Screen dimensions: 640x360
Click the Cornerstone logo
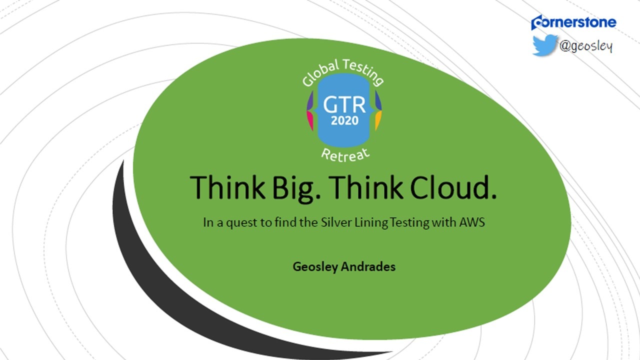[x=573, y=22]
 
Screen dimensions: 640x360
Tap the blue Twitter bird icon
[x=545, y=45]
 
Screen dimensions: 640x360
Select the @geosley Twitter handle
[x=586, y=46]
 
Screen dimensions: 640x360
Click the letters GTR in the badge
[x=344, y=105]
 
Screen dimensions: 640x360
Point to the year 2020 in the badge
[x=344, y=120]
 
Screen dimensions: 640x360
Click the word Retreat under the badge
[x=345, y=155]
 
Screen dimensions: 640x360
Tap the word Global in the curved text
[x=320, y=73]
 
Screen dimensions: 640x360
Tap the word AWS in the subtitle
[x=472, y=222]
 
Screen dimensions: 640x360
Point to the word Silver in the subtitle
[x=336, y=222]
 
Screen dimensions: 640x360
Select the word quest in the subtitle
[x=241, y=223]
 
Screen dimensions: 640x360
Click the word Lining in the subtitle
[x=371, y=223]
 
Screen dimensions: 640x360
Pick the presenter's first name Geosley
[x=315, y=267]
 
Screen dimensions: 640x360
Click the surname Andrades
[x=368, y=266]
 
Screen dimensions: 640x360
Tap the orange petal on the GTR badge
[x=378, y=120]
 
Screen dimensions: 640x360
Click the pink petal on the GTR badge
[x=310, y=120]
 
